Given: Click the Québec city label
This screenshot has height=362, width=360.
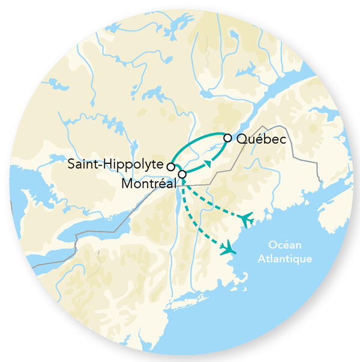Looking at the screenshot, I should pos(259,139).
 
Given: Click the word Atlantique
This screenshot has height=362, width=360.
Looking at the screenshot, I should pos(284,259).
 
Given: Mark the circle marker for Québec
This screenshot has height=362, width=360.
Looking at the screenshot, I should pos(227,138).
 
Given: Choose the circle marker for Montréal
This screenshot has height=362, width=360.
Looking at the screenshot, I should pos(182,174).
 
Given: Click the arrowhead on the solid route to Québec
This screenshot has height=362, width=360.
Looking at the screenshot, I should pos(207,162).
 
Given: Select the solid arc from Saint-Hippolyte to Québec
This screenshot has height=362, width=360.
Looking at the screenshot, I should pos(192,142).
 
